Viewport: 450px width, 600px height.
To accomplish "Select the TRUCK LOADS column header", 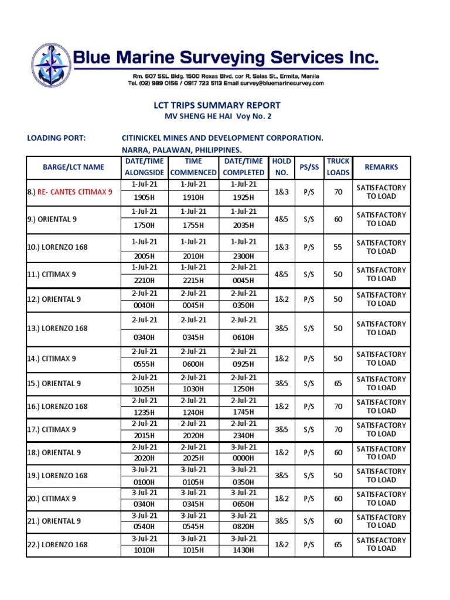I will [x=338, y=167].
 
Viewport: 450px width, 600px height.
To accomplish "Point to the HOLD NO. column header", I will [x=282, y=167].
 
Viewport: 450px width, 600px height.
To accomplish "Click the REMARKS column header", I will [x=381, y=167].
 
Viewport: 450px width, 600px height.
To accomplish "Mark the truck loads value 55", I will [x=338, y=247].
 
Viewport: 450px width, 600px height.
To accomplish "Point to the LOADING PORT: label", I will [x=56, y=138].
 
